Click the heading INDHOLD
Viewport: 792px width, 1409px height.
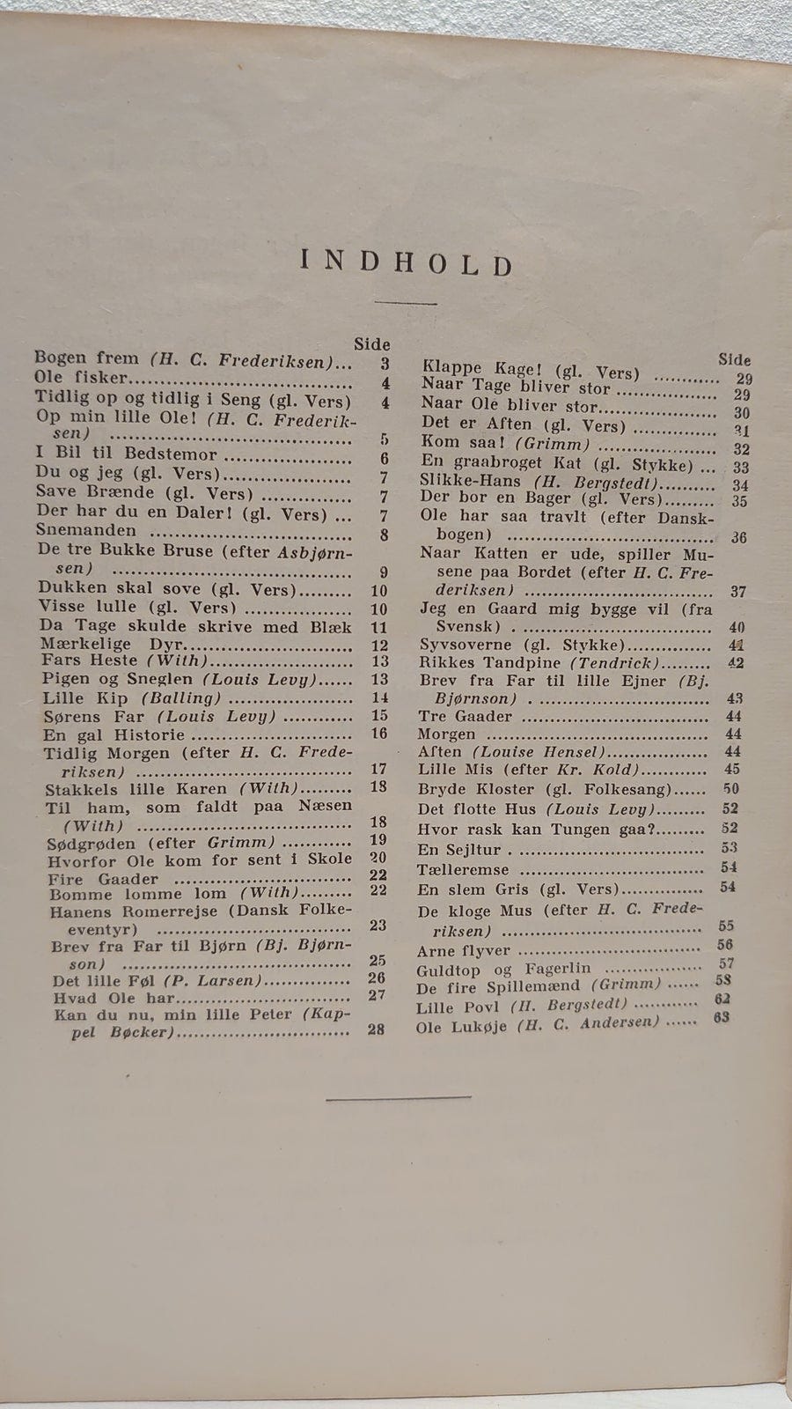[x=406, y=263]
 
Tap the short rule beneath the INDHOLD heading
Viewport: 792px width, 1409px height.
[x=406, y=303]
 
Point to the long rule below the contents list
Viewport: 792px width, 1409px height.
[x=398, y=1097]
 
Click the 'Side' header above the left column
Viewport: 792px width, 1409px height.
[x=371, y=344]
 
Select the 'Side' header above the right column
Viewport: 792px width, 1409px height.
[x=734, y=359]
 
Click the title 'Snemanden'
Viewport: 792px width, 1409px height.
[x=86, y=530]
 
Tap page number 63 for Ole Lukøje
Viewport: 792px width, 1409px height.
[x=722, y=1018]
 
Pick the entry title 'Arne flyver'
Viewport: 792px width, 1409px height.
[x=464, y=951]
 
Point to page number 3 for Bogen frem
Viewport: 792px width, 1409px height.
[x=385, y=363]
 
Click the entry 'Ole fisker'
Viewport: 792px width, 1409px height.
[x=81, y=378]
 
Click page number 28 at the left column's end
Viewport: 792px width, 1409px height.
[x=376, y=1029]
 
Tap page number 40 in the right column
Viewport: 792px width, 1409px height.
[x=736, y=627]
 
